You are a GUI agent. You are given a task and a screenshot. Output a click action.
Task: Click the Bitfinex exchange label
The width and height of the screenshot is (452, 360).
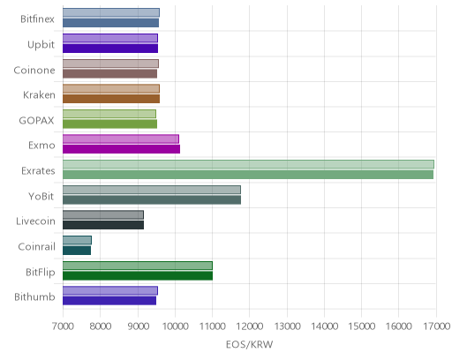click(37, 19)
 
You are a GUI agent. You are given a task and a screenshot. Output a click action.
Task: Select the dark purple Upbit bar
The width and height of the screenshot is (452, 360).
click(110, 49)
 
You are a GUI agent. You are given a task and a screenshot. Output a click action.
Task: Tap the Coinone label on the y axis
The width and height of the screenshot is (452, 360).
click(34, 71)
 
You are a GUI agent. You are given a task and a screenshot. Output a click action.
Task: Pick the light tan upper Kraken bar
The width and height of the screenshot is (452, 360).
click(111, 88)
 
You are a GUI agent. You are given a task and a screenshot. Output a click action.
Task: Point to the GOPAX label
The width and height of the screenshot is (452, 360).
click(36, 121)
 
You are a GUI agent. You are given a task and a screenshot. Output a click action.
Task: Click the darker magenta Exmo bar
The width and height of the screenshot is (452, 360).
click(121, 149)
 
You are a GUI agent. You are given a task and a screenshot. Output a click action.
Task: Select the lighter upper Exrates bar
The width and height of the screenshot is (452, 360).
click(248, 164)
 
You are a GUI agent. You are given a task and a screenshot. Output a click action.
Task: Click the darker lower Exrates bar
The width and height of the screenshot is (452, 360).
click(248, 175)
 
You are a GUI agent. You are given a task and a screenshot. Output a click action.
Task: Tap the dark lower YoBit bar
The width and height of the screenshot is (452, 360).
click(152, 200)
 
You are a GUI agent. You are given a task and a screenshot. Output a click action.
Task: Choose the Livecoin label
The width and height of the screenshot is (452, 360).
click(35, 221)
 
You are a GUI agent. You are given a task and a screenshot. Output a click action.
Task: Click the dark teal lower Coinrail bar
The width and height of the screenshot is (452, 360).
click(77, 251)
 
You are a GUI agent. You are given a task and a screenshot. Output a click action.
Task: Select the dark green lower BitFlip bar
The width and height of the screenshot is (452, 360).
click(138, 276)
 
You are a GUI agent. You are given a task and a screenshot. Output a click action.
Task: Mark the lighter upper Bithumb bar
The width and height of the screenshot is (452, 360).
click(110, 290)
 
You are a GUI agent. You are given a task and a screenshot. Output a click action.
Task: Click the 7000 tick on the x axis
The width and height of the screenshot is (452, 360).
click(63, 326)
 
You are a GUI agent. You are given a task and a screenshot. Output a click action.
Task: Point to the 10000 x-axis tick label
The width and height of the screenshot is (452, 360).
click(176, 326)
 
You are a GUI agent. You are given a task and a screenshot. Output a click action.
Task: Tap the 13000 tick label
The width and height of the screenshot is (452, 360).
click(287, 326)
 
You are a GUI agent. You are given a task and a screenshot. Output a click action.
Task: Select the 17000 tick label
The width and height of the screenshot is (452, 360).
click(437, 326)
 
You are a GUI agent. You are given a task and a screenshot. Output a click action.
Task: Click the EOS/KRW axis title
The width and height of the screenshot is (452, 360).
click(250, 344)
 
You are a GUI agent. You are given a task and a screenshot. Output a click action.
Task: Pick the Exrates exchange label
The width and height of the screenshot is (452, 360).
click(38, 171)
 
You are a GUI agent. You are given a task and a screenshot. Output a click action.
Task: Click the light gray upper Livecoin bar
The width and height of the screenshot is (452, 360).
click(103, 215)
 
